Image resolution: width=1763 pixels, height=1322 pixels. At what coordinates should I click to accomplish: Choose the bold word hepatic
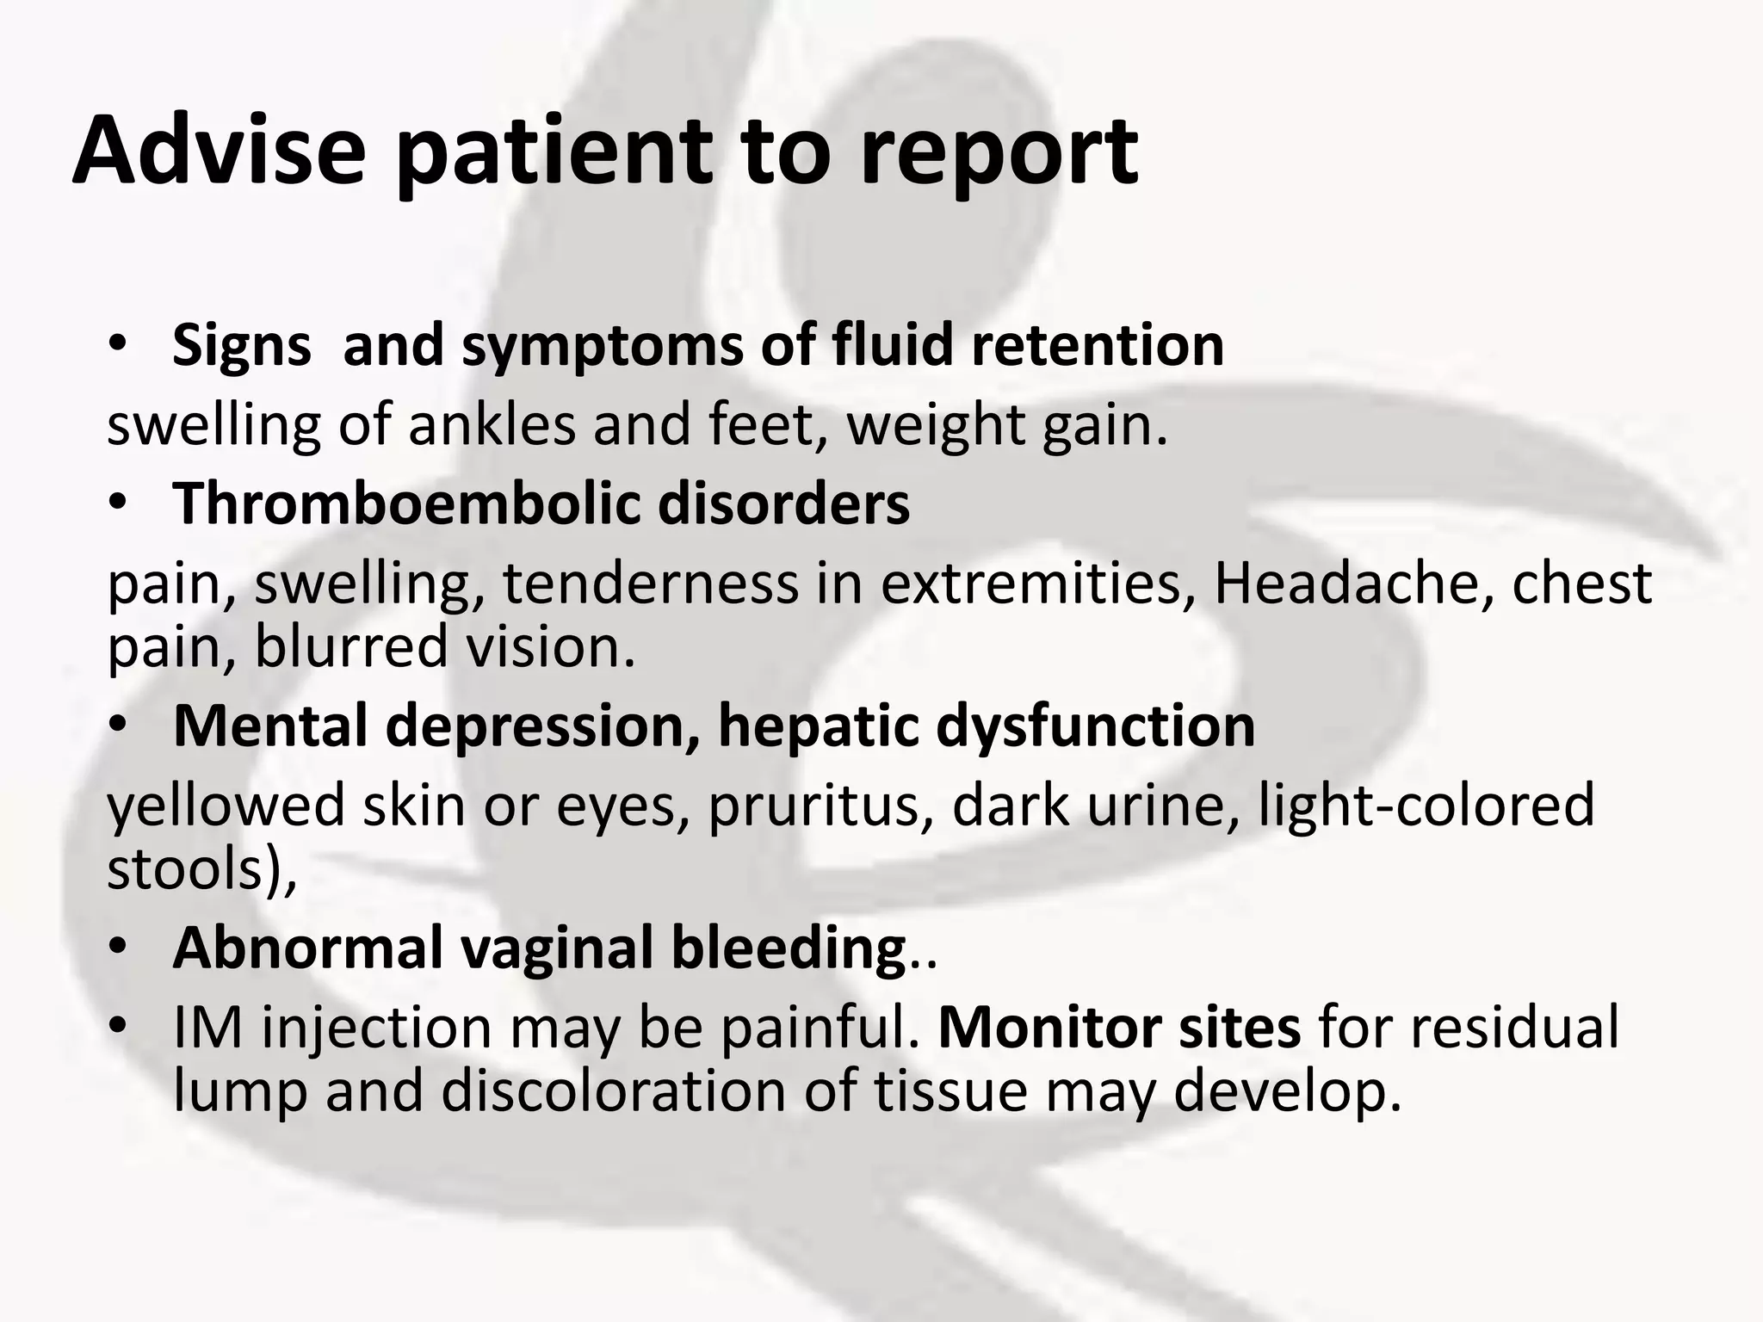coord(819,727)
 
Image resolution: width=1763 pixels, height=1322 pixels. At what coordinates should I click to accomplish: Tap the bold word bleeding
coord(788,948)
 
